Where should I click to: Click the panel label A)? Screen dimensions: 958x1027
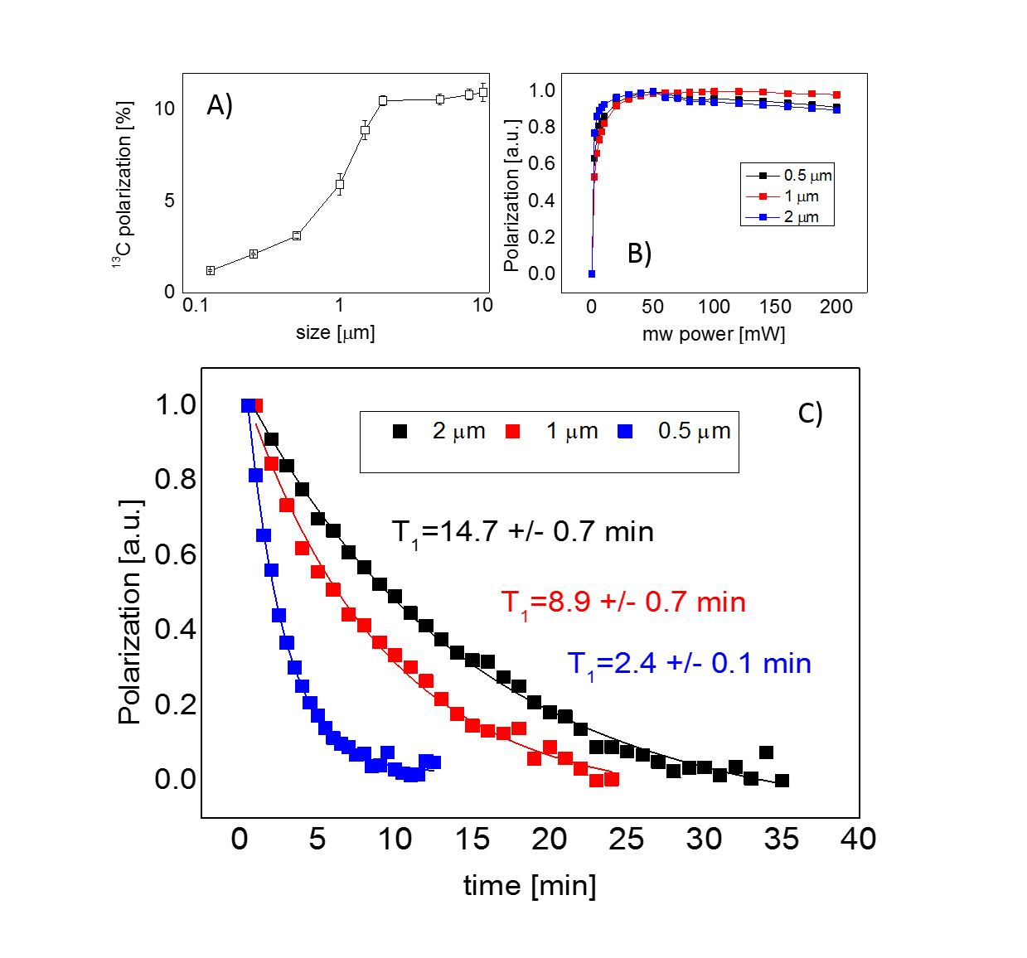click(220, 105)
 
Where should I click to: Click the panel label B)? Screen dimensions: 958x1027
click(639, 253)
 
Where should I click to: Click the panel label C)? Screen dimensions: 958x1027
click(810, 413)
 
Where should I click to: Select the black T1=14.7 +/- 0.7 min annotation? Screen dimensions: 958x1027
click(522, 532)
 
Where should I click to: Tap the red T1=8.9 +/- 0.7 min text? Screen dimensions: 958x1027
click(623, 602)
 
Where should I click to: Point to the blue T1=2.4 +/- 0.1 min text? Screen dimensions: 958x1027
click(689, 665)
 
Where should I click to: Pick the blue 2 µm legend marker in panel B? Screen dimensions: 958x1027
click(763, 217)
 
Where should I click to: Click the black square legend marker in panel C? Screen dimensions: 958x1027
click(400, 431)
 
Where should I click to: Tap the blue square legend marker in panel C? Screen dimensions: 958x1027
click(625, 431)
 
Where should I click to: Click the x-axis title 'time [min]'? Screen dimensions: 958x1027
click(530, 886)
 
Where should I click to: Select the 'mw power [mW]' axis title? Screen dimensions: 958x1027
click(714, 334)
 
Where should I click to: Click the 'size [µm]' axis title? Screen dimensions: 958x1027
click(335, 332)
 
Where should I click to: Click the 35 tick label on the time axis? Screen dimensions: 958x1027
click(781, 839)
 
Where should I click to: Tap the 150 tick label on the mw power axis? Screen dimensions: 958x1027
click(775, 307)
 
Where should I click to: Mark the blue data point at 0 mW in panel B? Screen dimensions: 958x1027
click(591, 273)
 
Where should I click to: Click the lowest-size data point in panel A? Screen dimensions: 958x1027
click(211, 270)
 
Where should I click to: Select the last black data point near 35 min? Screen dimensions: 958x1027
click(782, 781)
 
